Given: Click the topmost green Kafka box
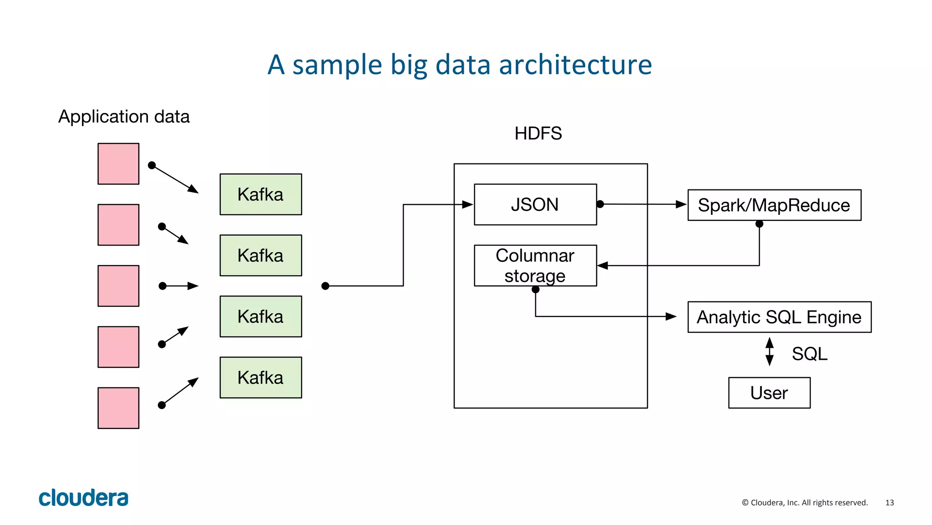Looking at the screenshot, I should pos(260,194).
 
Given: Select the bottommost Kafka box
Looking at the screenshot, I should pos(260,377).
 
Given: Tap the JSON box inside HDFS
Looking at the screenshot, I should pos(535,204).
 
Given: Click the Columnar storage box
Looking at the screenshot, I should pos(535,265).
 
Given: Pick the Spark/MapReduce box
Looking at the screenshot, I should pos(774,205).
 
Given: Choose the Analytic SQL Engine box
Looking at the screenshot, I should pos(779,317).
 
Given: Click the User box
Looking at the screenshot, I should pos(769,393).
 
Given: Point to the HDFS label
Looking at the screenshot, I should pos(538,133).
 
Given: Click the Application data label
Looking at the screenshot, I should pos(124,117).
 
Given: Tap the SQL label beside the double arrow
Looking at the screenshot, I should pos(810,354).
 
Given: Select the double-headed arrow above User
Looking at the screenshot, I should pos(770,352).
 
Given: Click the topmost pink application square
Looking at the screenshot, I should pos(118,164).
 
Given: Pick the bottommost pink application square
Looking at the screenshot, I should pos(118,408).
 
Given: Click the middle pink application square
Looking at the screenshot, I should pos(118,286).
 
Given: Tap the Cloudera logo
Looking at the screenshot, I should pos(83,498).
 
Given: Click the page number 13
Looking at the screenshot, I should pos(889,503).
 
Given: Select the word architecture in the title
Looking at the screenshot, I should pos(575,65).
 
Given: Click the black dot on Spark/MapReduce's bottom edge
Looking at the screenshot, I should pos(759,224).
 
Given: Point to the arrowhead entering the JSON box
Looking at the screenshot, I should pos(467,204).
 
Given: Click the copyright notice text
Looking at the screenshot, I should pos(805,503).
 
